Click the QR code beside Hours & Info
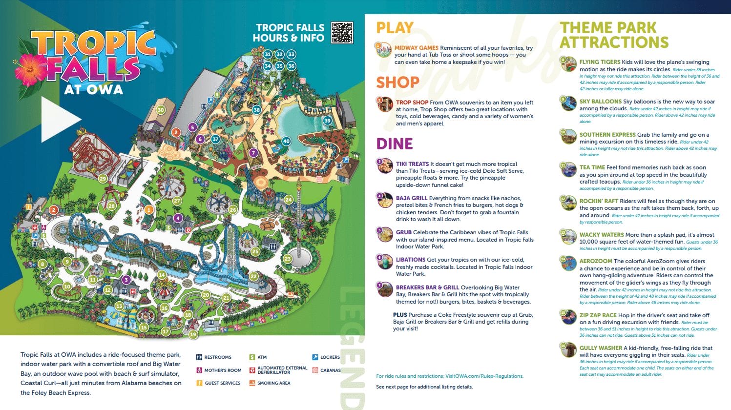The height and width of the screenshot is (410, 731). (342, 33)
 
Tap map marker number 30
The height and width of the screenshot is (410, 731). (161, 110)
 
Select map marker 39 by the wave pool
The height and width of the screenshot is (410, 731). (327, 121)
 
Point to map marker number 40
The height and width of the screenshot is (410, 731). (286, 141)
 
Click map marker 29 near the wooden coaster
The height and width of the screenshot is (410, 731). (103, 179)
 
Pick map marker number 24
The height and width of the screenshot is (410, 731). (289, 199)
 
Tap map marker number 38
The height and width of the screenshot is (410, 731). (256, 110)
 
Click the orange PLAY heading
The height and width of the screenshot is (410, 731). (395, 28)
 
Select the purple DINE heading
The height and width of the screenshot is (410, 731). (395, 144)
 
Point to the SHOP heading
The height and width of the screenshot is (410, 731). (397, 82)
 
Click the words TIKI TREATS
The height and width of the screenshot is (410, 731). (412, 164)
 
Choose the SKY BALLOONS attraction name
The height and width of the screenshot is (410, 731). (600, 102)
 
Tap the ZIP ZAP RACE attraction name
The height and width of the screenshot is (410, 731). (598, 315)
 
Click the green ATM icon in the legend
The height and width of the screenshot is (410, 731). (252, 357)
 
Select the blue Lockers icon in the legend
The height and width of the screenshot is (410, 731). (315, 357)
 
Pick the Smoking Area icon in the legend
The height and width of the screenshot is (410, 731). (252, 383)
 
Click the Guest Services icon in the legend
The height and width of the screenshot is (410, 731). (199, 383)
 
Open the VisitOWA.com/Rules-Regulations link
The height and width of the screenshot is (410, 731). (484, 376)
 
